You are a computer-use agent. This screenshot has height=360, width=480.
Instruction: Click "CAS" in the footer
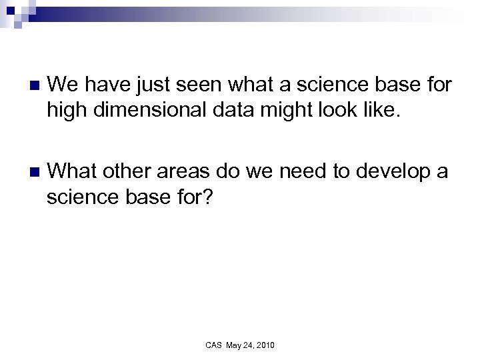[213, 345]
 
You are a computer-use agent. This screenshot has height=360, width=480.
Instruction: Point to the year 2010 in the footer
[265, 345]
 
